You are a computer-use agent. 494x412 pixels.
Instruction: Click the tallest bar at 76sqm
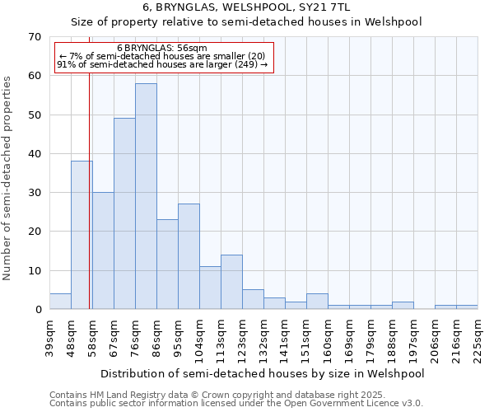[x=146, y=196]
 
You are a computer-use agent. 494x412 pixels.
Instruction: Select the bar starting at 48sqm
[x=82, y=235]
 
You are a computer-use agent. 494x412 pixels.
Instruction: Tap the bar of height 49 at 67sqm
[x=124, y=213]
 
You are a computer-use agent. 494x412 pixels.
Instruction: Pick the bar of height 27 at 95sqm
[x=189, y=256]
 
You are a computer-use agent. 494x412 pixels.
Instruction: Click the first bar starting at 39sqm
[x=60, y=302]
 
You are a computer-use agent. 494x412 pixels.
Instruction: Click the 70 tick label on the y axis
[x=34, y=37]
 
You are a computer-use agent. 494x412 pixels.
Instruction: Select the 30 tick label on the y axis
[x=34, y=193]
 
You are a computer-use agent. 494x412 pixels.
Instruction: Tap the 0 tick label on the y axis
[x=38, y=310]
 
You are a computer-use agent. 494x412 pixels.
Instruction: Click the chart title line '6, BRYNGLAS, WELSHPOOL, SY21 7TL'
[x=246, y=7]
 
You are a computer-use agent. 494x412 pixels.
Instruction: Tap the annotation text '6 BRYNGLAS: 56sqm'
[x=162, y=48]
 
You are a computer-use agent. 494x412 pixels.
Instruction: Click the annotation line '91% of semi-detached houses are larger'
[x=162, y=65]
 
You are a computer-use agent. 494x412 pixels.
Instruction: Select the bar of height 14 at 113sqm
[x=231, y=282]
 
